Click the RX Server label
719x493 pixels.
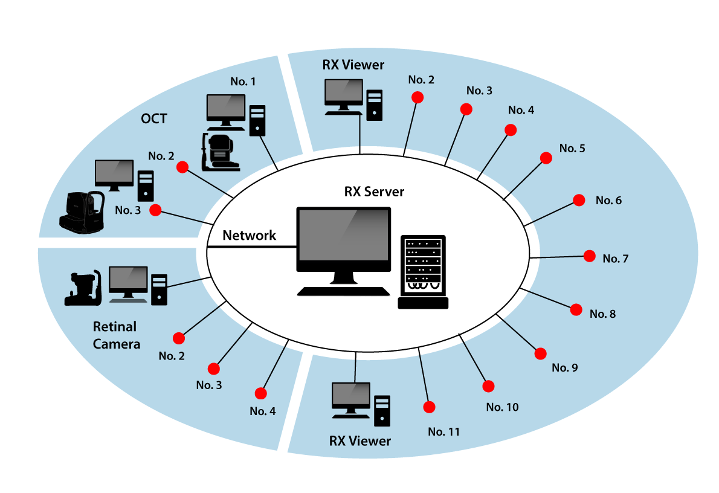click(374, 192)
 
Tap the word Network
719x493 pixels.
click(249, 235)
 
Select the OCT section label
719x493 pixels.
click(154, 119)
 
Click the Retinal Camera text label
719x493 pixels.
click(117, 335)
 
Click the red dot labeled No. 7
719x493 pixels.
click(590, 256)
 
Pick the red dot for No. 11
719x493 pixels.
click(429, 407)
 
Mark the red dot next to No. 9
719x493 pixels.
click(541, 353)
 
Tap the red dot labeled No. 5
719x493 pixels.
click(546, 158)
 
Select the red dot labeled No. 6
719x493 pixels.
click(579, 200)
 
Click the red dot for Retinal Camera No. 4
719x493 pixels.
click(261, 393)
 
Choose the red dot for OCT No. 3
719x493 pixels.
click(155, 210)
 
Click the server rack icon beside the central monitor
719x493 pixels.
click(423, 272)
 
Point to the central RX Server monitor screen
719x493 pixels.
click(344, 235)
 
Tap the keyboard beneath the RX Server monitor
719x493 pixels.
click(343, 291)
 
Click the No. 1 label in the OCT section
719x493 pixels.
click(243, 82)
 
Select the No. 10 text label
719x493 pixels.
click(502, 407)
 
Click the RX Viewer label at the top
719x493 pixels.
click(353, 65)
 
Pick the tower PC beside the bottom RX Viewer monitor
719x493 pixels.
click(382, 411)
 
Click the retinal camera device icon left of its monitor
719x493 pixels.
click(83, 288)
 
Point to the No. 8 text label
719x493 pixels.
click(602, 314)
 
